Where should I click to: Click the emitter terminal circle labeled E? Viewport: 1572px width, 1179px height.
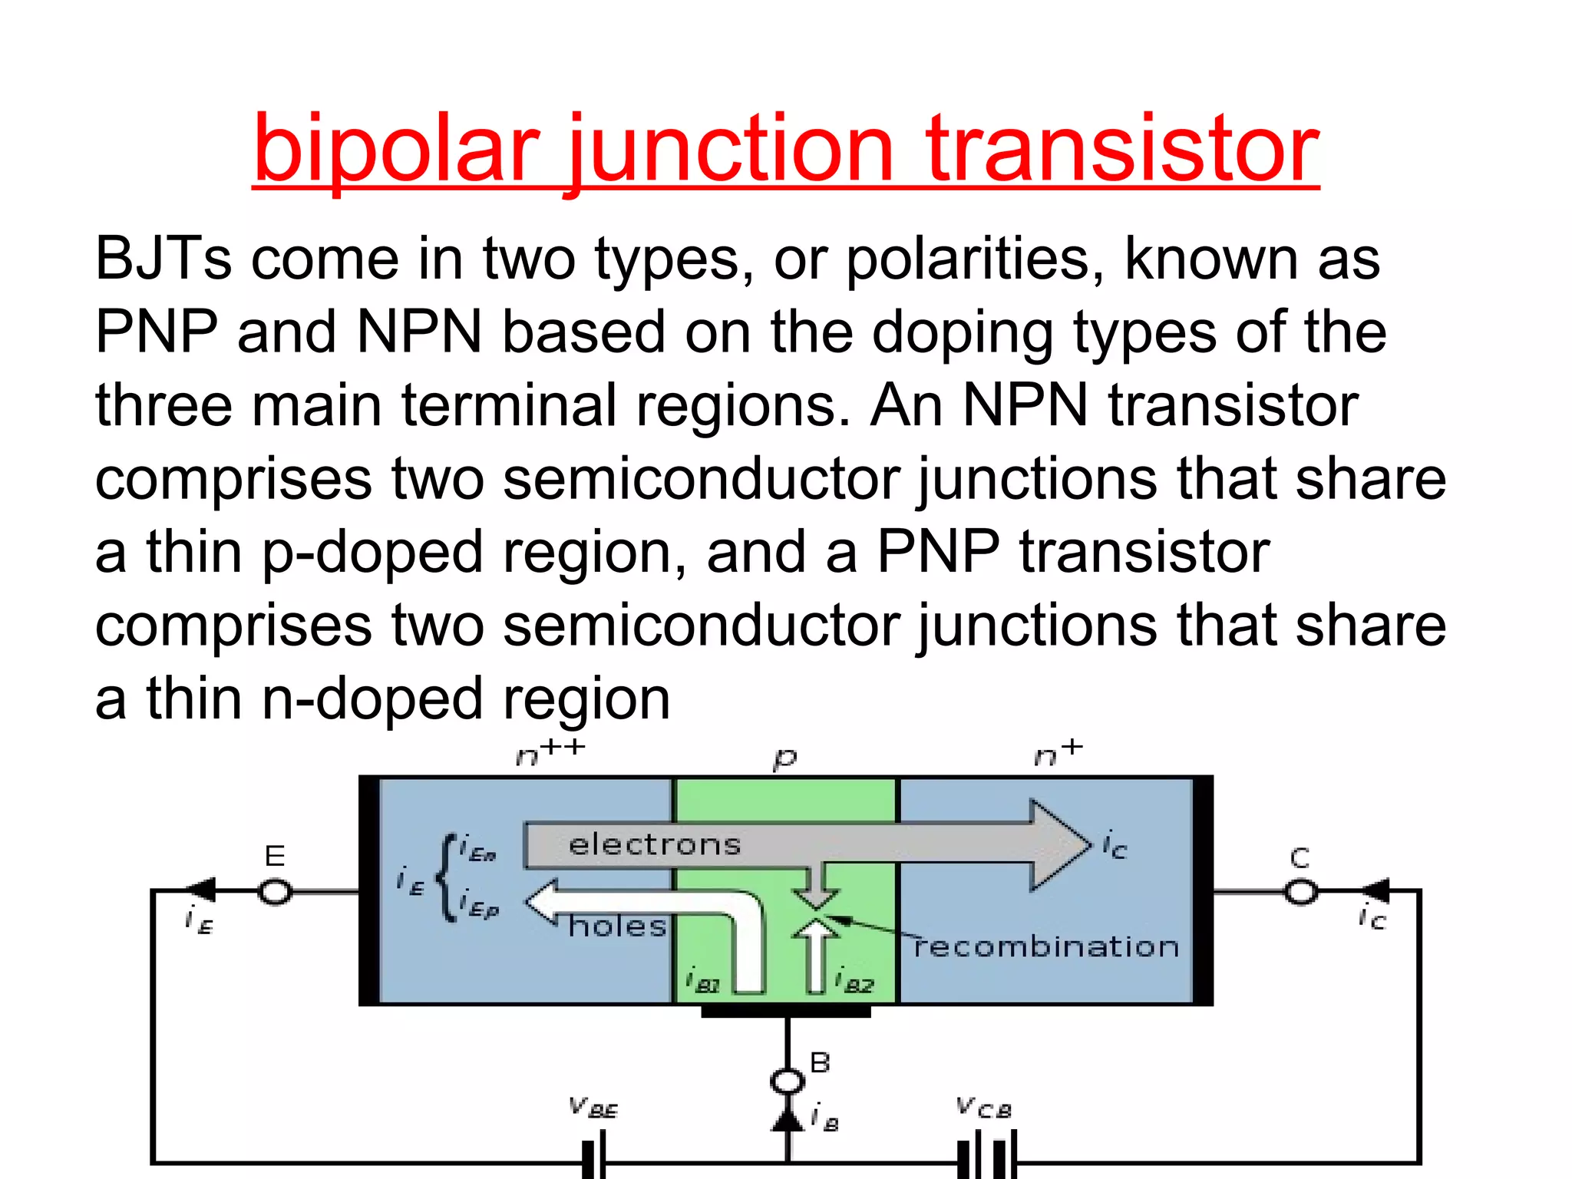pyautogui.click(x=276, y=892)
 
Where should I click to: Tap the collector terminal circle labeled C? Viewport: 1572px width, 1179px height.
pyautogui.click(x=1301, y=892)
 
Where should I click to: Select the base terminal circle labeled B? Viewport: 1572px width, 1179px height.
pyautogui.click(x=787, y=1082)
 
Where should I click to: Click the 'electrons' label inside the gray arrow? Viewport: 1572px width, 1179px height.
pyautogui.click(x=655, y=845)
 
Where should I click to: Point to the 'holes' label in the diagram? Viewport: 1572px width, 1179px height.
pyautogui.click(x=617, y=927)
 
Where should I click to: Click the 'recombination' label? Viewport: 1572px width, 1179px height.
pyautogui.click(x=1046, y=947)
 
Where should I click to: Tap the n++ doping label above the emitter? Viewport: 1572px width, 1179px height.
pyautogui.click(x=550, y=753)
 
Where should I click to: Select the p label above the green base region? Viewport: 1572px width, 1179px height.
pyautogui.click(x=784, y=758)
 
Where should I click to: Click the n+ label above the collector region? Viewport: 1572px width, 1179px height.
pyautogui.click(x=1058, y=754)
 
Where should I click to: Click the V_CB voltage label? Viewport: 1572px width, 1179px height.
pyautogui.click(x=984, y=1108)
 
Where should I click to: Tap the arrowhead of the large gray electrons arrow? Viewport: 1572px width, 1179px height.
pyautogui.click(x=1059, y=845)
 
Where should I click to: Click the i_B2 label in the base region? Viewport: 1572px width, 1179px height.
pyautogui.click(x=854, y=981)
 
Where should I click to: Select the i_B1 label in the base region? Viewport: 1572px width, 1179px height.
pyautogui.click(x=702, y=981)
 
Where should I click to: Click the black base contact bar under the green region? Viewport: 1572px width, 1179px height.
pyautogui.click(x=786, y=1012)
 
